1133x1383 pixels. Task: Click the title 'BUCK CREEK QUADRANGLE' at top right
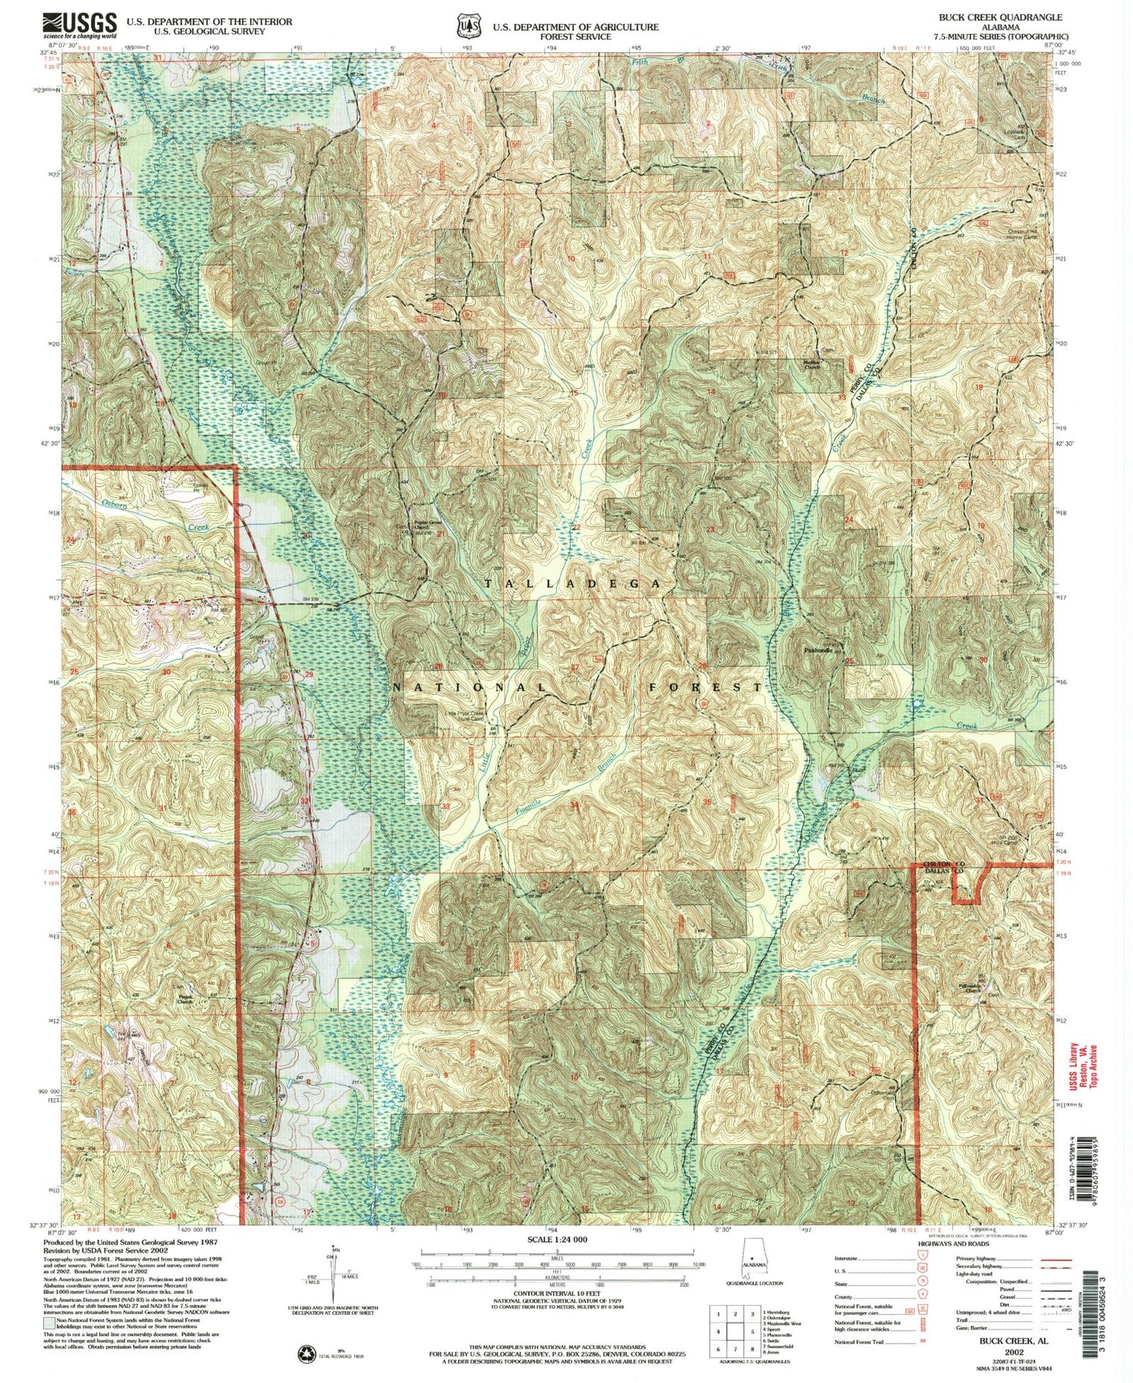pyautogui.click(x=1000, y=17)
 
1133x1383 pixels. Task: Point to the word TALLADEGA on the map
pyautogui.click(x=573, y=584)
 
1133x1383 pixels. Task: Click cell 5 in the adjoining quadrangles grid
pyautogui.click(x=736, y=1331)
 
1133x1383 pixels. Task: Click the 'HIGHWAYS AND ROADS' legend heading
pyautogui.click(x=953, y=1243)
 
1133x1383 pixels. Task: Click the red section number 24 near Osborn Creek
pyautogui.click(x=70, y=539)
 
